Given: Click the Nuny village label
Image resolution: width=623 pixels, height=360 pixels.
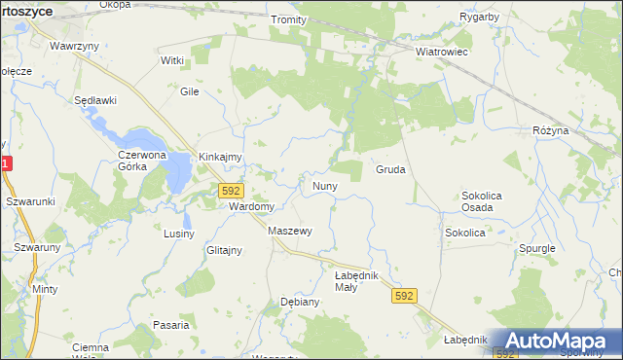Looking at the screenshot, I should click(x=324, y=185).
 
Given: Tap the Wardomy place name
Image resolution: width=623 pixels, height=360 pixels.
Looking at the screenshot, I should click(x=251, y=207).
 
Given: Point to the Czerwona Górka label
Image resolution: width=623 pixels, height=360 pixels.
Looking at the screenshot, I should click(x=145, y=161).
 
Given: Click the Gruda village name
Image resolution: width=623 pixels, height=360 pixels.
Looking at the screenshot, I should click(x=390, y=169).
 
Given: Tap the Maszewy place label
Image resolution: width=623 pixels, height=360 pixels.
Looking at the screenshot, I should click(x=289, y=232).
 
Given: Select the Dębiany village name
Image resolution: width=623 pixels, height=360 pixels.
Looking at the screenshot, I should click(x=300, y=302).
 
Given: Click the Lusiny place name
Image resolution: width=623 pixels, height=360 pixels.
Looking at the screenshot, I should click(x=180, y=234).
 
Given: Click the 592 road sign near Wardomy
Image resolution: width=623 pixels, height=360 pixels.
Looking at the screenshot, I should click(x=231, y=192).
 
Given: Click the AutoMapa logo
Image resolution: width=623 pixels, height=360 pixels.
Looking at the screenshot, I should click(x=556, y=342).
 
